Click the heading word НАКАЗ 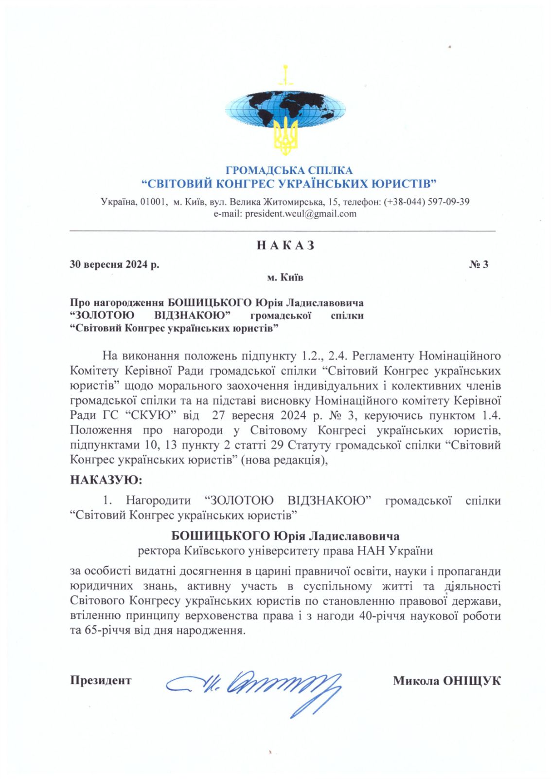pos(285,245)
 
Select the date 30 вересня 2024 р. pos(114,264)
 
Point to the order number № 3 pos(479,264)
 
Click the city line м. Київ pos(285,278)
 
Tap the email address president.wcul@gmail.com pos(301,214)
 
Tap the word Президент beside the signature pos(101,680)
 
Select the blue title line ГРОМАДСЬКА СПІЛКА pos(289,170)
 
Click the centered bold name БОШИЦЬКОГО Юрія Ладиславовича pos(285,536)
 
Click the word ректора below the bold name pos(160,551)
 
